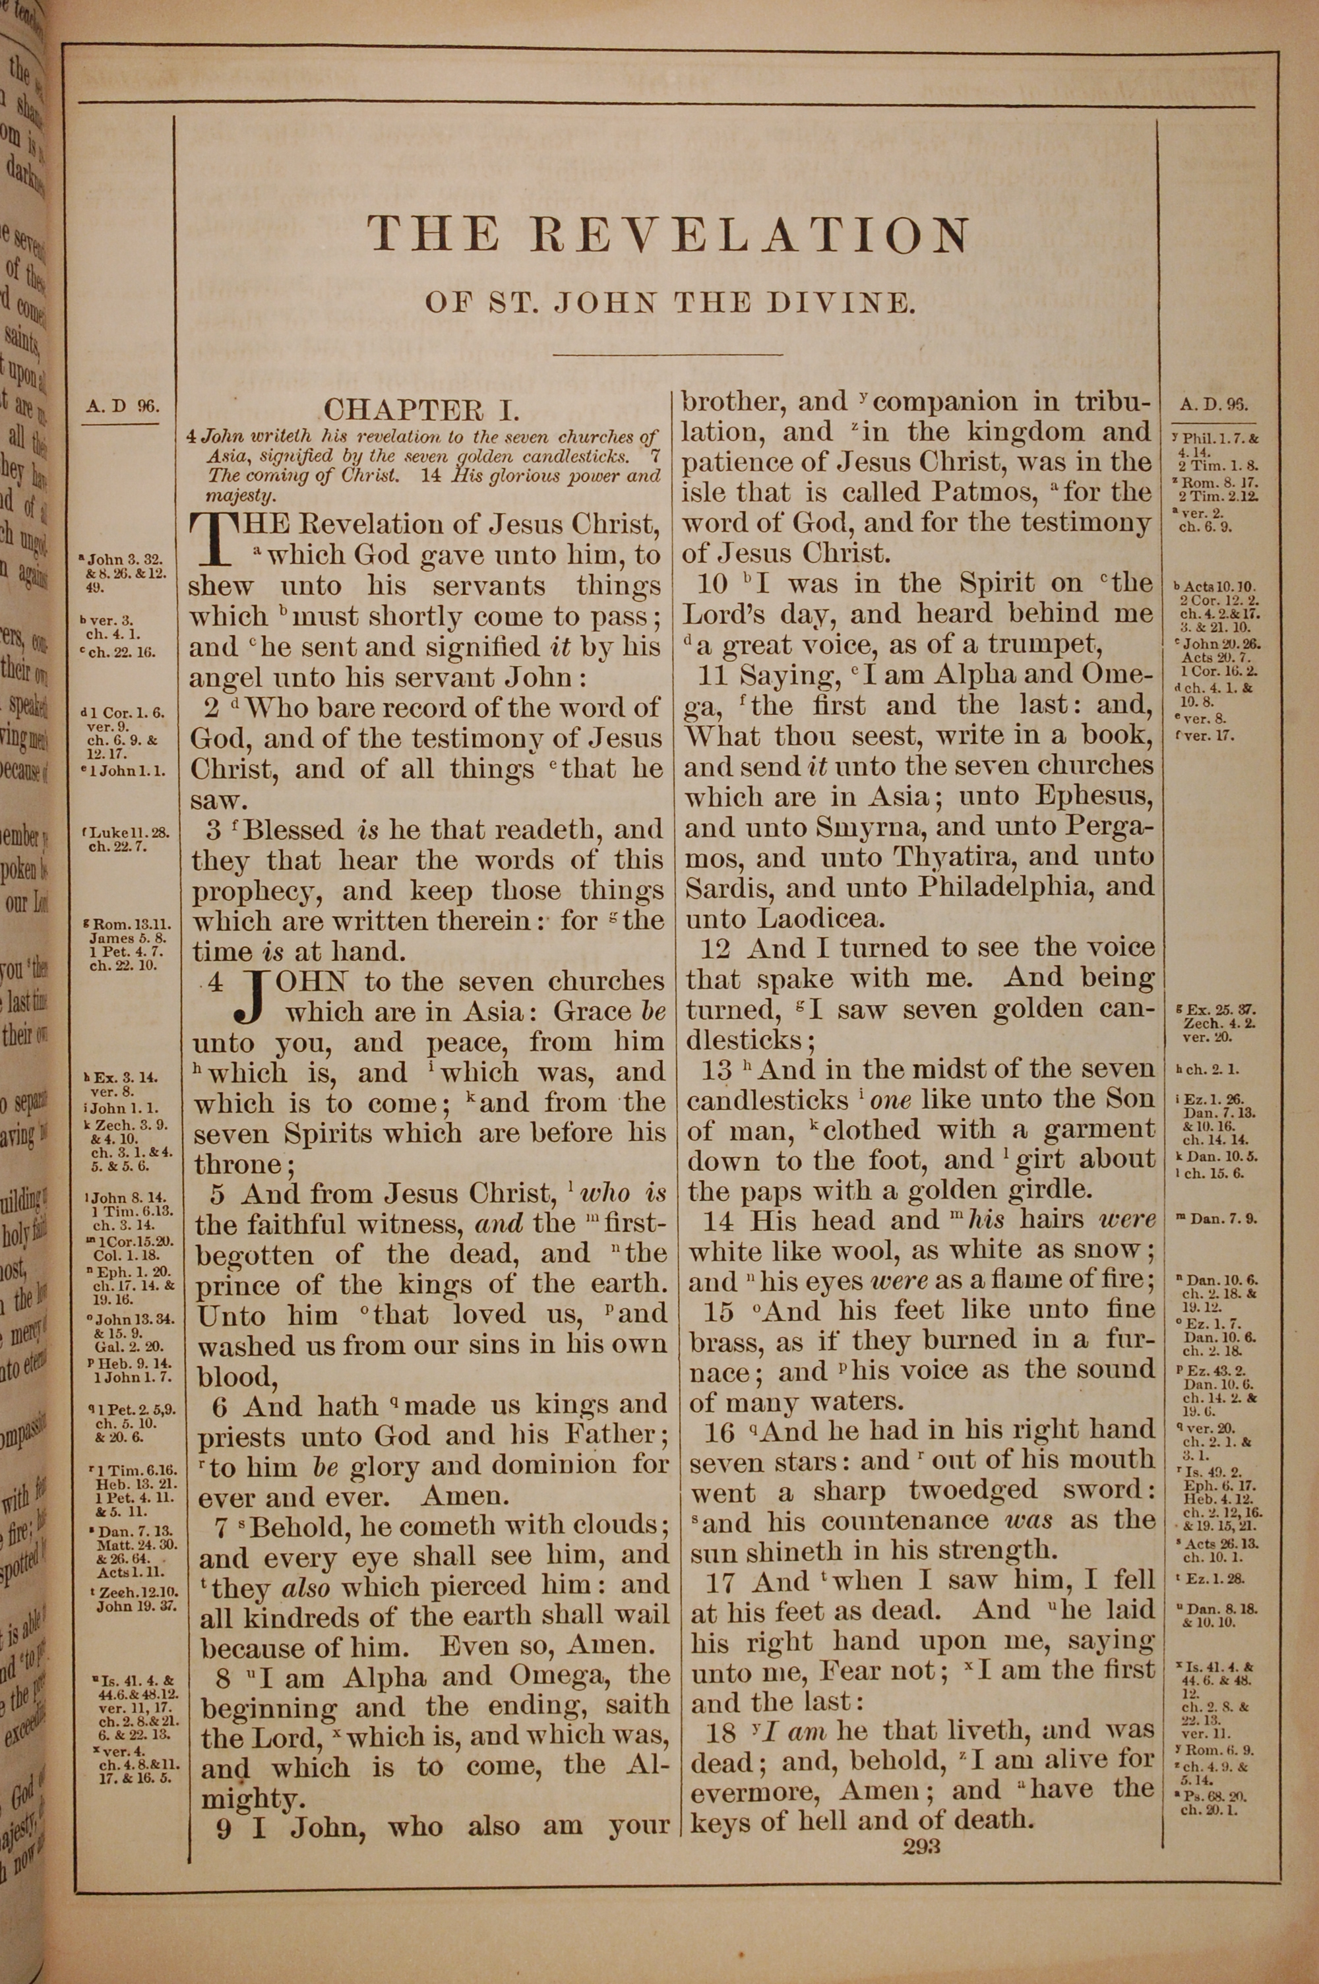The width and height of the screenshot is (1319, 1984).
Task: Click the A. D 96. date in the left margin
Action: (x=121, y=406)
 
